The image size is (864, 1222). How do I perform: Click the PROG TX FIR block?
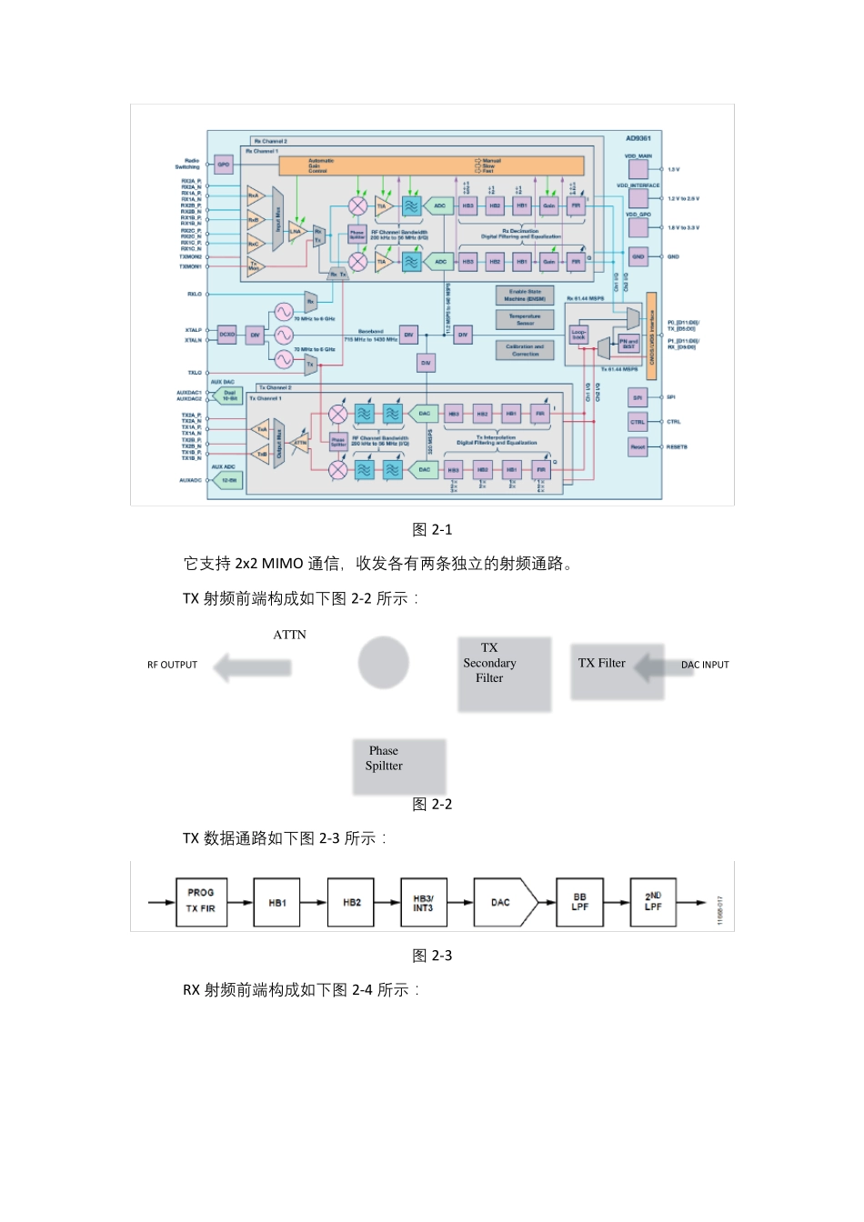tap(201, 902)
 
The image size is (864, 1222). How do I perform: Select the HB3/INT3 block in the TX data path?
tap(424, 902)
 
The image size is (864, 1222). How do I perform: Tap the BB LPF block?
tap(579, 902)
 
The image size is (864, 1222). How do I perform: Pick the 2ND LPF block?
tap(653, 902)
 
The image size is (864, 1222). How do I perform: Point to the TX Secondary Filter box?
tap(504, 673)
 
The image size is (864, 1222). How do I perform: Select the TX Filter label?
tap(602, 663)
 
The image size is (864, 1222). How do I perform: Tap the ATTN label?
tap(289, 635)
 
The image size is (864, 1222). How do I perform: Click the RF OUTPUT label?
tap(172, 665)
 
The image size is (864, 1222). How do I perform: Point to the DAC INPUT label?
tap(705, 665)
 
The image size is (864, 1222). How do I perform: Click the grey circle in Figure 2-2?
tap(383, 662)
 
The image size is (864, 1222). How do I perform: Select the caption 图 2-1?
tap(432, 529)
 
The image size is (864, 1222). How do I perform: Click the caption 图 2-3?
tap(432, 956)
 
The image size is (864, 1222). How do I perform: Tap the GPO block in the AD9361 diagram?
tap(224, 165)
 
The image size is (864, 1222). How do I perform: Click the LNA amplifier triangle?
tap(296, 231)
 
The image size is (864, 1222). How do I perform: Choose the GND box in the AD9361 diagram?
tap(638, 256)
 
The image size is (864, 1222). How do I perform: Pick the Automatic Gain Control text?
tap(320, 165)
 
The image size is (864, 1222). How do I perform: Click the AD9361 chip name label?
tap(638, 138)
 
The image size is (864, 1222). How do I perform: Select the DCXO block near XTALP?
tap(226, 335)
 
